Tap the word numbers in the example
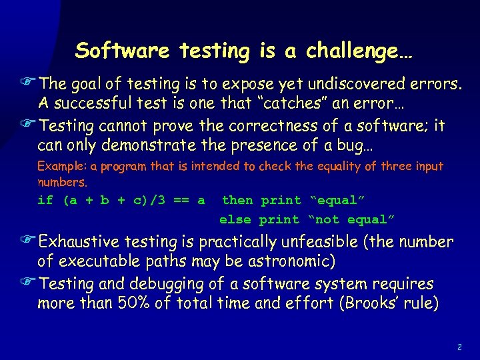click(x=61, y=181)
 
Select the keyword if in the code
click(x=45, y=200)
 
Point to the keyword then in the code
click(x=237, y=200)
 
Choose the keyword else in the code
click(x=235, y=219)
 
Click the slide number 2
click(x=460, y=347)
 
